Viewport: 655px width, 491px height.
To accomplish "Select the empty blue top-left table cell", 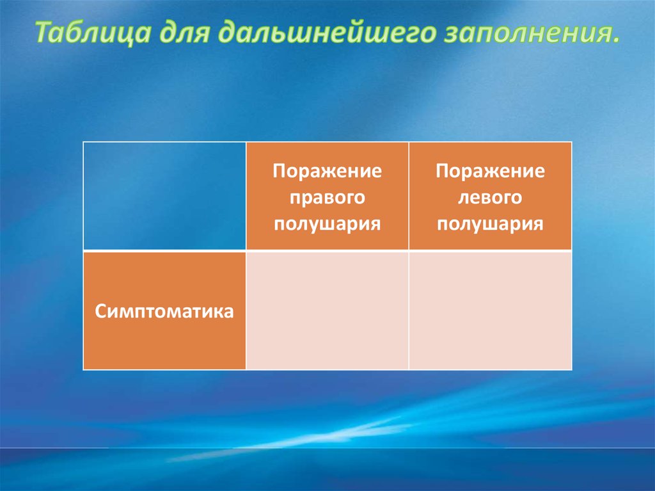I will [164, 196].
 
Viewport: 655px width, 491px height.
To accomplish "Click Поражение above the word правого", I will [327, 172].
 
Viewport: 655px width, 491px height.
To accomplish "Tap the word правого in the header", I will [327, 198].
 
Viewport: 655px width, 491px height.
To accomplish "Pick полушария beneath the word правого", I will [327, 224].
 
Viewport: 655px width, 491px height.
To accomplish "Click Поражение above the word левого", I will [490, 172].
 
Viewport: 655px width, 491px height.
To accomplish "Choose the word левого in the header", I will [490, 198].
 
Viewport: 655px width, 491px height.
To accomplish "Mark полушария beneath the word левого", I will [490, 224].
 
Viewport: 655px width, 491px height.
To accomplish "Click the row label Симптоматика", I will [164, 312].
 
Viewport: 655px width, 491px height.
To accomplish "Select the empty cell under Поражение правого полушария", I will [327, 310].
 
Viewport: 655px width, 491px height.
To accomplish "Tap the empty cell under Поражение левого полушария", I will [490, 310].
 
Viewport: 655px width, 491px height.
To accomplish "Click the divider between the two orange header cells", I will [409, 196].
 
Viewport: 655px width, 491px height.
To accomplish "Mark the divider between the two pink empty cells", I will [409, 310].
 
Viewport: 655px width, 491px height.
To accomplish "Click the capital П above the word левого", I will [441, 172].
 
